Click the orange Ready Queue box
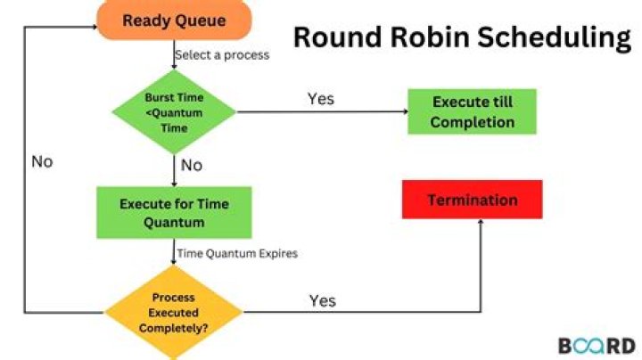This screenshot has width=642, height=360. [174, 20]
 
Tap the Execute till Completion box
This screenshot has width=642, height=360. [473, 112]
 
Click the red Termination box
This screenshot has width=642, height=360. [473, 200]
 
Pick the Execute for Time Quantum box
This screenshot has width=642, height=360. [174, 213]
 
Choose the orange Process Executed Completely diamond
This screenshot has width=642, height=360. [174, 313]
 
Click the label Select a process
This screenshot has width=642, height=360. [222, 55]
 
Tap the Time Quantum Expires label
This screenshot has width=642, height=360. [237, 253]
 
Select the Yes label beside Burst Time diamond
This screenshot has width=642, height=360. [321, 98]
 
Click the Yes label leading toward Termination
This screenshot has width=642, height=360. [322, 300]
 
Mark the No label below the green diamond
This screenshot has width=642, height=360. [191, 166]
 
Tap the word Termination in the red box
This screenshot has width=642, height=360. [473, 200]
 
